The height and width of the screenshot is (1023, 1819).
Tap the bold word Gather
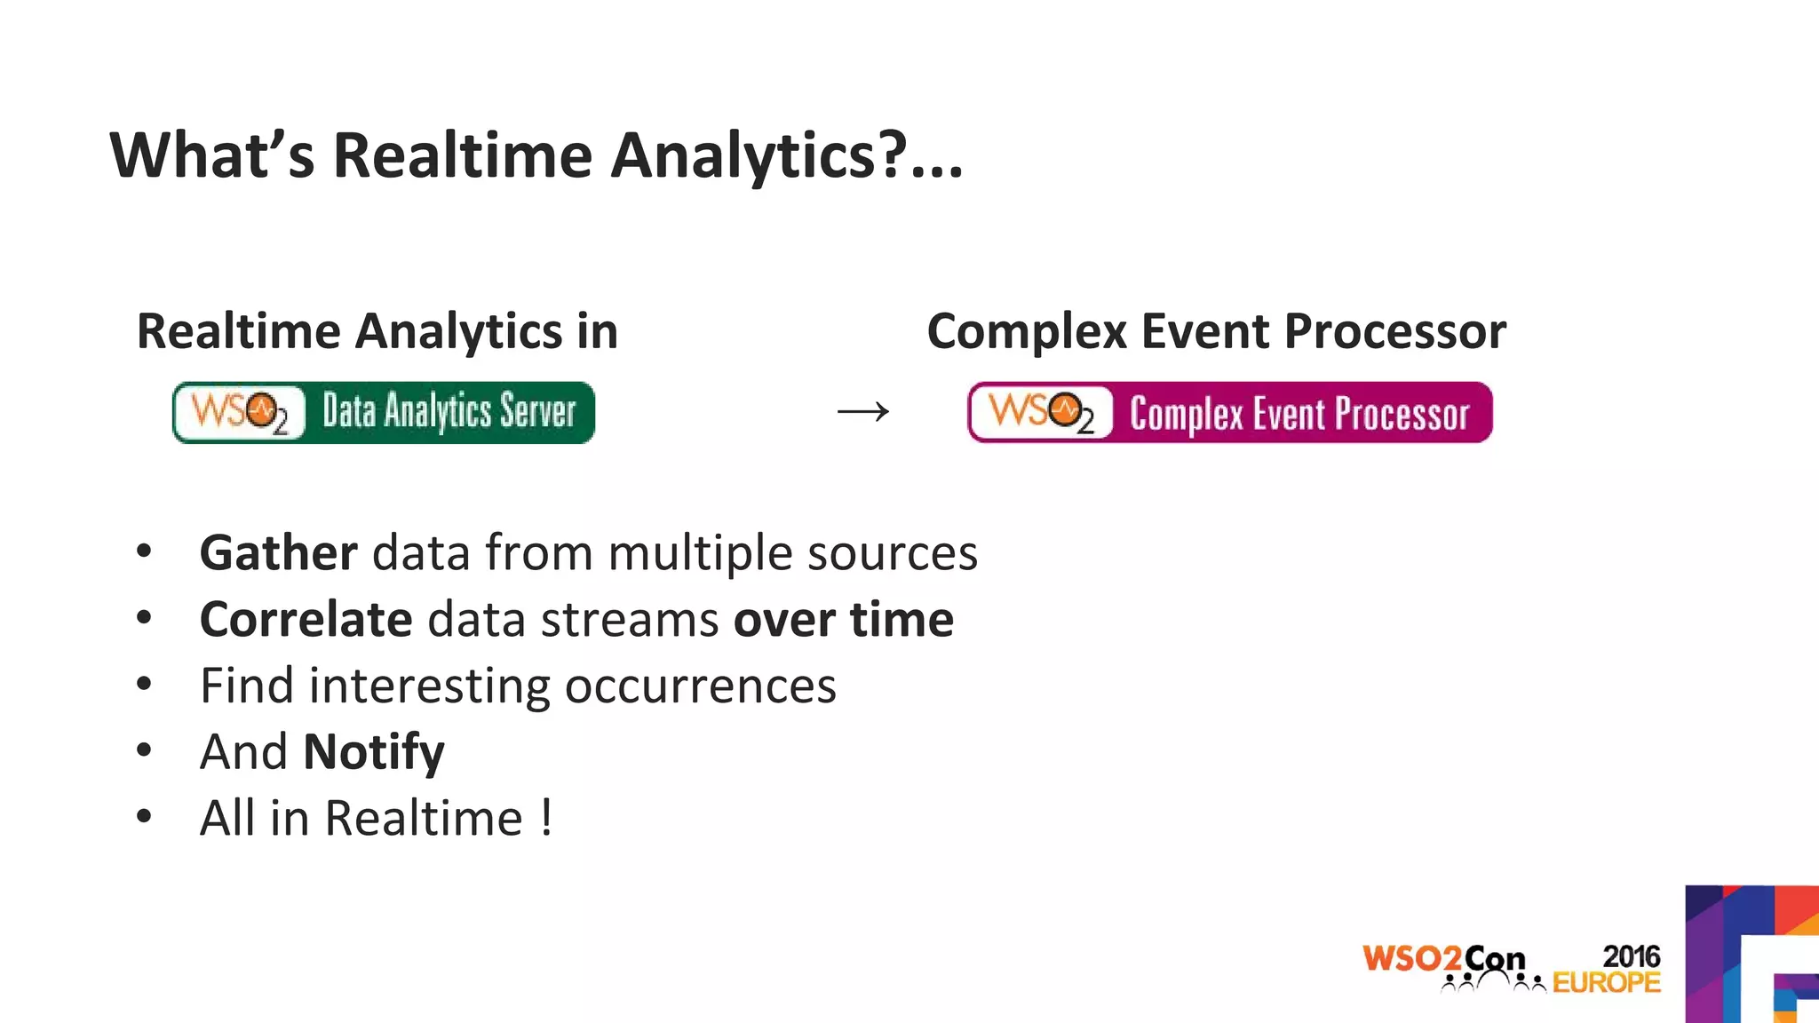click(x=278, y=553)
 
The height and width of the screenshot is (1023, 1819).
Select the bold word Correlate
click(x=306, y=620)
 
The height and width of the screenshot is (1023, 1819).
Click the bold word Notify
click(x=373, y=753)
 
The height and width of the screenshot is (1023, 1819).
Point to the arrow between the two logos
click(x=863, y=411)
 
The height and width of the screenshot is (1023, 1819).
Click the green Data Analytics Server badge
click(x=384, y=412)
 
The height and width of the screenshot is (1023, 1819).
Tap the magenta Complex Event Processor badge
click(x=1230, y=412)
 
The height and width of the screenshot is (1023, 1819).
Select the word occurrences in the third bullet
click(x=700, y=686)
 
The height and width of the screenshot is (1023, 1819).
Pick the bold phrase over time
click(x=843, y=620)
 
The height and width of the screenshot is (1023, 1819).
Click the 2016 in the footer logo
click(x=1631, y=956)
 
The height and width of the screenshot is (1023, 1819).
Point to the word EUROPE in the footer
click(x=1606, y=983)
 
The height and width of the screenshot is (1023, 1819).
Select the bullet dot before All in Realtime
click(x=144, y=817)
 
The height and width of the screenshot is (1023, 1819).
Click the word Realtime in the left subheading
click(x=238, y=332)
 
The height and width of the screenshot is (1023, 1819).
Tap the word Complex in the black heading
click(x=1027, y=332)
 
